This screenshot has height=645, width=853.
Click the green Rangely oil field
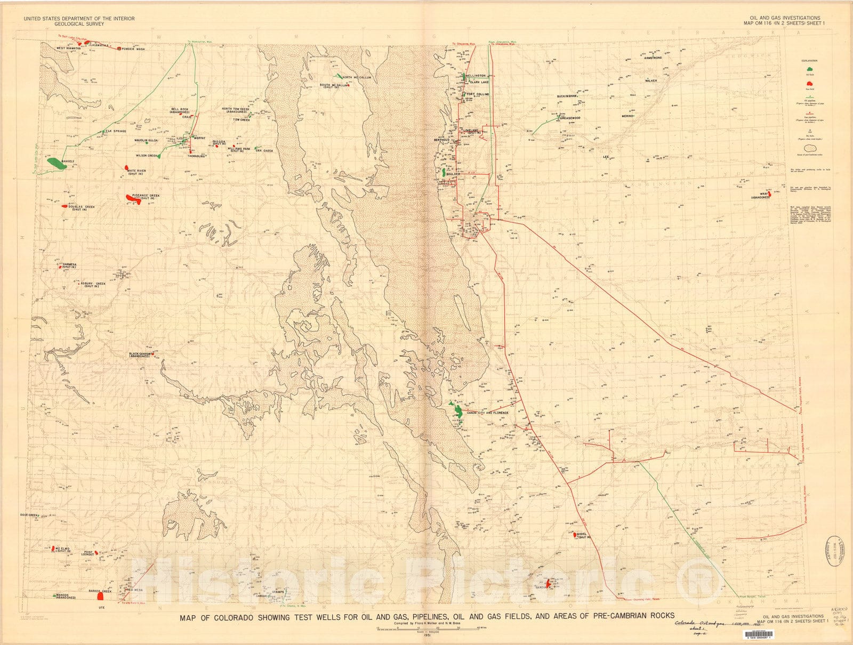click(56, 163)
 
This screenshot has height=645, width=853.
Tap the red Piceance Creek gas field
click(133, 198)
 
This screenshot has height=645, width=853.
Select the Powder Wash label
click(133, 49)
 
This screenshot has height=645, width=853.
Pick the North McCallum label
click(357, 77)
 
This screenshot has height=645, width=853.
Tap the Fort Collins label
click(478, 94)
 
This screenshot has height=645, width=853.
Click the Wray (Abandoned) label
click(760, 196)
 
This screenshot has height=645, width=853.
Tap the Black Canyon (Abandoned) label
click(139, 354)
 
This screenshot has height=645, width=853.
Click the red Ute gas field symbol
click(101, 597)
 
